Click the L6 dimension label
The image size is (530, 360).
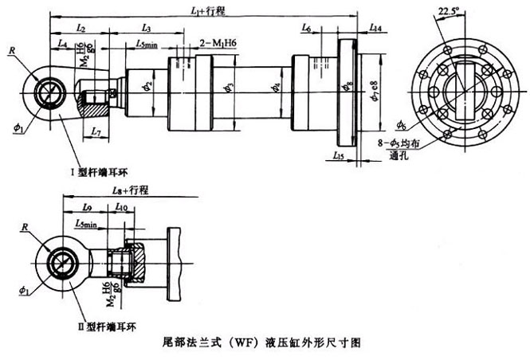tap(307, 28)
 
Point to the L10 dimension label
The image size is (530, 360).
tap(121, 206)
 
